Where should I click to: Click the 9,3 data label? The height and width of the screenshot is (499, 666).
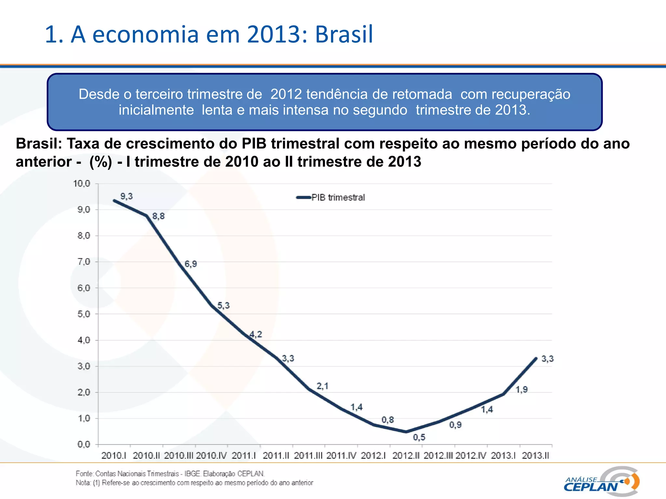pyautogui.click(x=127, y=196)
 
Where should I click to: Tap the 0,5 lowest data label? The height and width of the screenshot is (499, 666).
pyautogui.click(x=419, y=437)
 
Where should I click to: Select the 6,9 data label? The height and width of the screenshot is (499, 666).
pyautogui.click(x=191, y=264)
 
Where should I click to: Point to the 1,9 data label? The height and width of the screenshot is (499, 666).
pyautogui.click(x=522, y=390)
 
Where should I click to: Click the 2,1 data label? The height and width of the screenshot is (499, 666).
pyautogui.click(x=322, y=386)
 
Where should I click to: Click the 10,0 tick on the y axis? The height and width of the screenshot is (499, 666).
pyautogui.click(x=81, y=184)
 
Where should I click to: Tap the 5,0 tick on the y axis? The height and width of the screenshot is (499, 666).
pyautogui.click(x=84, y=314)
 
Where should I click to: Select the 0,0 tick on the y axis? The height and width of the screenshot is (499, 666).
pyautogui.click(x=84, y=444)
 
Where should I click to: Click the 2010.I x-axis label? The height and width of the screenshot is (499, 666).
pyautogui.click(x=113, y=455)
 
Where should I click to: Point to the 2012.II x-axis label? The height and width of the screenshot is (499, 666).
pyautogui.click(x=406, y=455)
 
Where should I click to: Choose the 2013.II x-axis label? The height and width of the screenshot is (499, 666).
pyautogui.click(x=535, y=455)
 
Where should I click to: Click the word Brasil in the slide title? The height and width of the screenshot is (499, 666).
pyautogui.click(x=344, y=34)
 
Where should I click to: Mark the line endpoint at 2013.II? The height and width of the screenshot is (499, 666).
pyautogui.click(x=536, y=358)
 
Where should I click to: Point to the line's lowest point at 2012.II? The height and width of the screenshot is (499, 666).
pyautogui.click(x=406, y=432)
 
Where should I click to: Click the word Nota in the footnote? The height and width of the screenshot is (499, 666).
pyautogui.click(x=83, y=483)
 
